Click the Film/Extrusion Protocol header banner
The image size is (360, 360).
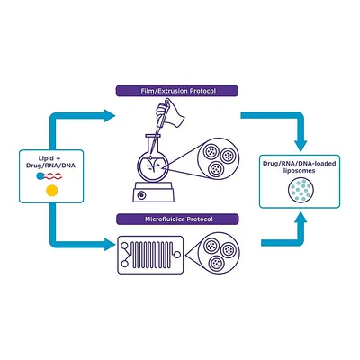click(x=177, y=91)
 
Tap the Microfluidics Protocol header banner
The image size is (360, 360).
click(x=177, y=220)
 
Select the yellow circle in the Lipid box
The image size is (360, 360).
click(x=51, y=191)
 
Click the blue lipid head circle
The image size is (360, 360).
click(x=40, y=176)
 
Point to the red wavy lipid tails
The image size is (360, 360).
click(x=53, y=176)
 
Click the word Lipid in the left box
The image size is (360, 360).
click(x=46, y=158)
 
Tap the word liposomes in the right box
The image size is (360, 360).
click(x=299, y=171)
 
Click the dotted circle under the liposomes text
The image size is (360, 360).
click(x=301, y=190)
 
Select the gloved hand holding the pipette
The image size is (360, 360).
click(x=169, y=113)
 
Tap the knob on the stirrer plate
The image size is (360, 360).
click(x=141, y=195)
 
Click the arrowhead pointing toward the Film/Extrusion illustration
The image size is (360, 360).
click(x=110, y=116)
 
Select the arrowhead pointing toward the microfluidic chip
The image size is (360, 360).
click(x=110, y=244)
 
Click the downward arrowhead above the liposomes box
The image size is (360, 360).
click(x=301, y=145)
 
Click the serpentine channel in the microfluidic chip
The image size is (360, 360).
click(x=151, y=255)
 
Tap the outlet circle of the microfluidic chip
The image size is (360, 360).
click(x=177, y=255)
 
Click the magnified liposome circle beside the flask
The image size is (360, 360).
click(x=219, y=158)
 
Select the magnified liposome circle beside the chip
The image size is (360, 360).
click(x=219, y=254)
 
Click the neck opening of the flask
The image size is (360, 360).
click(x=153, y=136)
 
